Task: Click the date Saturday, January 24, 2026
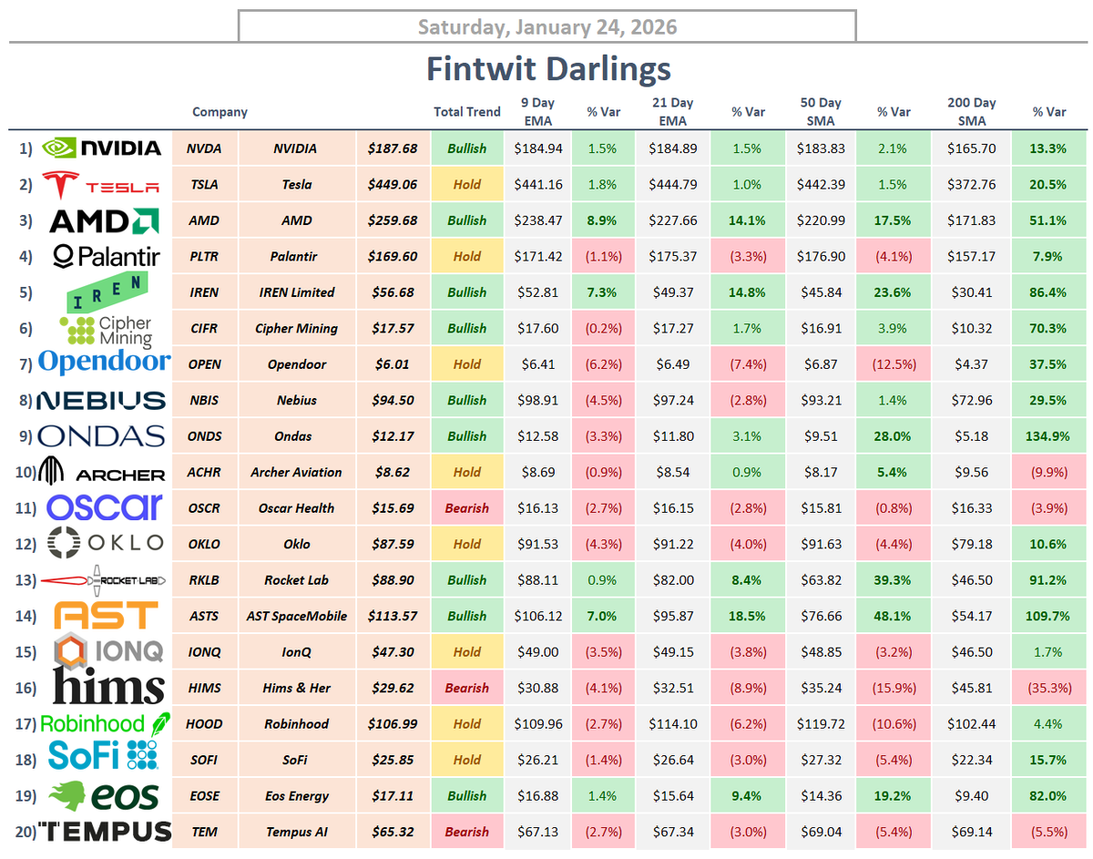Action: pos(546,26)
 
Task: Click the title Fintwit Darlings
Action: pos(548,69)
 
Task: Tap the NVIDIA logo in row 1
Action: pos(103,148)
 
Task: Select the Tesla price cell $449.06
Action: pos(393,184)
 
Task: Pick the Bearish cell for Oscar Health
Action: pos(467,508)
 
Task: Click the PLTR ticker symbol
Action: pos(203,257)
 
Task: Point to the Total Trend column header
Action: pos(467,112)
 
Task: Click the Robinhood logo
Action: pos(105,724)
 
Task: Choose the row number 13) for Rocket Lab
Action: pos(27,580)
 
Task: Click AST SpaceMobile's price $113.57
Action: pos(393,616)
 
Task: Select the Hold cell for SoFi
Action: pos(467,760)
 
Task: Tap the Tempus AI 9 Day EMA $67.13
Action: pos(538,832)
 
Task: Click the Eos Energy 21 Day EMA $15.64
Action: pos(673,796)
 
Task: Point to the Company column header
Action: pos(220,112)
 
